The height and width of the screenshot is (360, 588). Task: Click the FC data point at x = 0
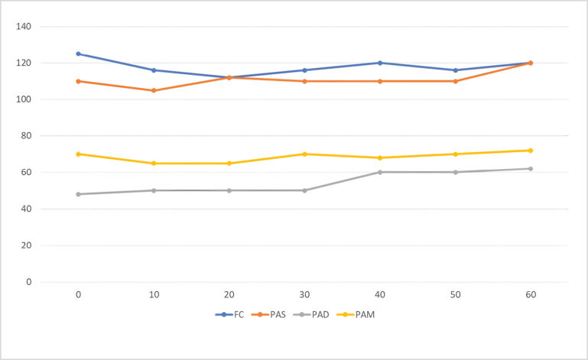(x=78, y=54)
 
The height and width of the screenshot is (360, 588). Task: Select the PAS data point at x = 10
(x=154, y=90)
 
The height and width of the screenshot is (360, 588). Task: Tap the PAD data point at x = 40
(x=380, y=172)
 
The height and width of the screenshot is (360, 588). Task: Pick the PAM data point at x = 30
(x=304, y=154)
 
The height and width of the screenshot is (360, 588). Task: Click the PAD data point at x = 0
(x=78, y=194)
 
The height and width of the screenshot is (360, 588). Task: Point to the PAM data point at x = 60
(x=531, y=151)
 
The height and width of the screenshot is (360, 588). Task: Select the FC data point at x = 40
(x=380, y=63)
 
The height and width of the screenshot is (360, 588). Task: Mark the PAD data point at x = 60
(x=531, y=169)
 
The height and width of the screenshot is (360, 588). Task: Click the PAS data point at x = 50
(x=455, y=81)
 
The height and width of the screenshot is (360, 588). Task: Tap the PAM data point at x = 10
(x=154, y=163)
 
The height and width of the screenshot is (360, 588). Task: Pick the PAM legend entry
(x=365, y=314)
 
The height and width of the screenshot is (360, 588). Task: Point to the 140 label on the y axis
(x=24, y=27)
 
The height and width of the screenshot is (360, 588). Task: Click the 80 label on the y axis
(x=26, y=136)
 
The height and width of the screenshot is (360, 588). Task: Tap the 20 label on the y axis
(x=26, y=245)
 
